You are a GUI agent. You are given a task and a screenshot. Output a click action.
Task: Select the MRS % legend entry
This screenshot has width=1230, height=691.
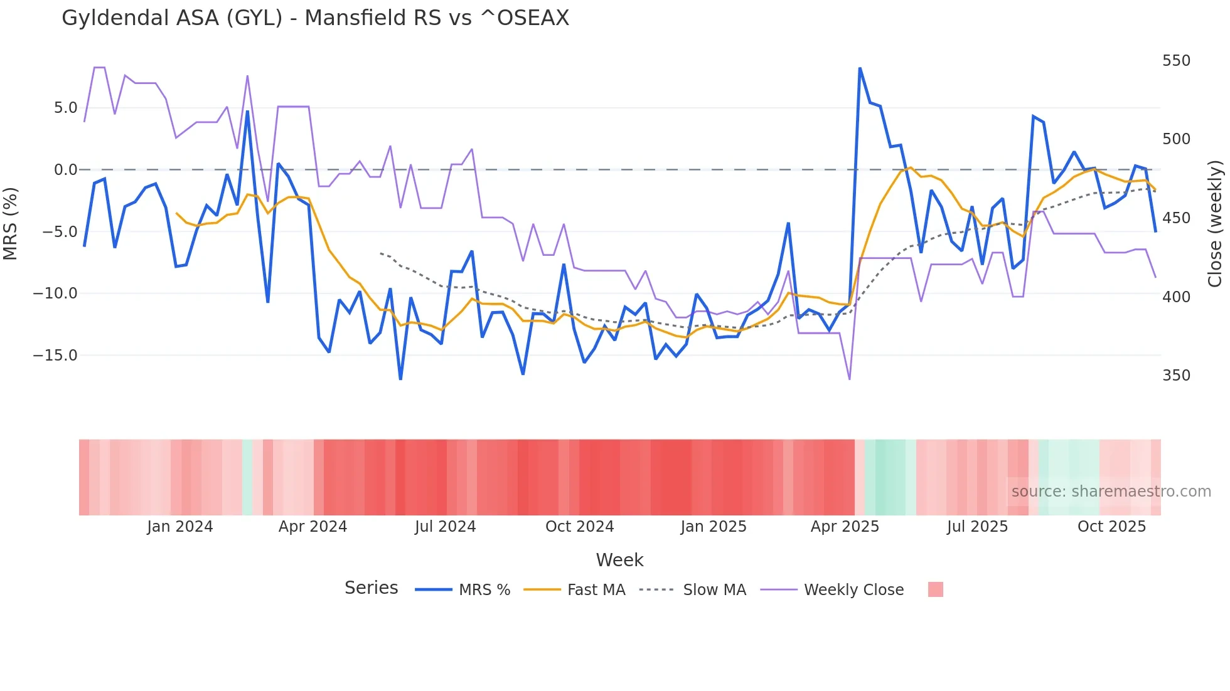click(484, 590)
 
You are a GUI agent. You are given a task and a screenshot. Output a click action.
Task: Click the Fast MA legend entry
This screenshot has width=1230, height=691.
click(596, 590)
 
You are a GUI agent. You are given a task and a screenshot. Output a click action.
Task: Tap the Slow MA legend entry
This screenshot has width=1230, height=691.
click(714, 590)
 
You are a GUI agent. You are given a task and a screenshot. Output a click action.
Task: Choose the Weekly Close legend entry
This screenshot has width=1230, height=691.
click(853, 590)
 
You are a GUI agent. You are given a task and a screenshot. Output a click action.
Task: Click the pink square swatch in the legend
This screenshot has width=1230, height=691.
click(935, 589)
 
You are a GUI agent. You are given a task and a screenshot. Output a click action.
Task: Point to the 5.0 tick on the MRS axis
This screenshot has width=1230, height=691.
click(65, 108)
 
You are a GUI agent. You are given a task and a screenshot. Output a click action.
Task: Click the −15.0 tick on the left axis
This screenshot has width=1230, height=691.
click(55, 356)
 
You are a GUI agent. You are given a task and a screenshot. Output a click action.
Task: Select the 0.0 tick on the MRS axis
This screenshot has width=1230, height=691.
click(65, 170)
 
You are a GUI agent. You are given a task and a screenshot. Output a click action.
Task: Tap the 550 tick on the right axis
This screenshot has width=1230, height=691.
click(1176, 61)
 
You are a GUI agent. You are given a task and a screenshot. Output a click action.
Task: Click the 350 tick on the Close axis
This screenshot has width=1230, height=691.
click(1176, 376)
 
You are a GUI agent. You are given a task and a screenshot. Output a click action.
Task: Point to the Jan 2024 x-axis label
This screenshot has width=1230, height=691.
click(180, 527)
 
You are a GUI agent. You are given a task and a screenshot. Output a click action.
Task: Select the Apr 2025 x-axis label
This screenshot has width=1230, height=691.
click(845, 527)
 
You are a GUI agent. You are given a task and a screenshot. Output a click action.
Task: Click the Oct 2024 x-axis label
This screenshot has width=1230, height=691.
click(579, 527)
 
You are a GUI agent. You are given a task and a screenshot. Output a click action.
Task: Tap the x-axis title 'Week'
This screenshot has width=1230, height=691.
click(619, 560)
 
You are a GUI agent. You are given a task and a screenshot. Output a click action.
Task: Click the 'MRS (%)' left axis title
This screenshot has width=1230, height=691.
click(11, 224)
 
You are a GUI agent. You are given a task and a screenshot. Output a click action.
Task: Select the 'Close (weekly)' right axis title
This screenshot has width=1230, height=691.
click(1215, 224)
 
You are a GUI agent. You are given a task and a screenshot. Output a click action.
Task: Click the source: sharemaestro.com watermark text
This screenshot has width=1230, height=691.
click(1111, 492)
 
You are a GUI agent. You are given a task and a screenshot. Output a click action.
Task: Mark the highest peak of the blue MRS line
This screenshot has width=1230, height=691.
click(860, 68)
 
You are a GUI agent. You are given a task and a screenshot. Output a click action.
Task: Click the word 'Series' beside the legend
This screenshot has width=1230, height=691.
click(371, 588)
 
